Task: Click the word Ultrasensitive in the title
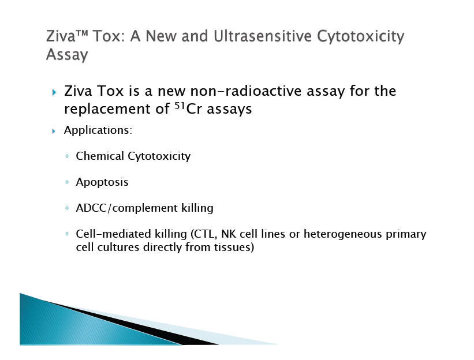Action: [262, 36]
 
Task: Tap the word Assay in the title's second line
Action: [67, 55]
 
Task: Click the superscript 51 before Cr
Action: [180, 106]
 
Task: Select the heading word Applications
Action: [97, 130]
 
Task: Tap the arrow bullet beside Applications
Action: [54, 131]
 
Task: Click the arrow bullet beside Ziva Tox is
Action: [54, 92]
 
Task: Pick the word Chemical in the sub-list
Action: [100, 156]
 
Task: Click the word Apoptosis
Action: [102, 182]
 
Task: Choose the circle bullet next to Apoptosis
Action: [67, 182]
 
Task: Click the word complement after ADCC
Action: [145, 208]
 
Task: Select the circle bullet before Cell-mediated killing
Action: [67, 234]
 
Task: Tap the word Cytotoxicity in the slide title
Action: [360, 36]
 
